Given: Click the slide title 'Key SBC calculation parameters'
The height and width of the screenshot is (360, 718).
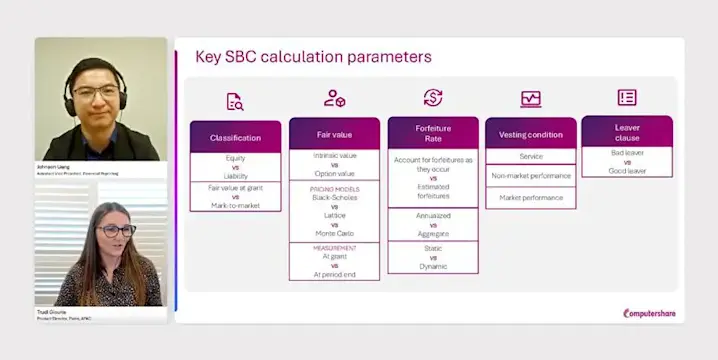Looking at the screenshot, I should (313, 57).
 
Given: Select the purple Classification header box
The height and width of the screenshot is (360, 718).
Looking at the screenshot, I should (235, 137).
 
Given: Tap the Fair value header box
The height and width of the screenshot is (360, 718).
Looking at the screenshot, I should (334, 132).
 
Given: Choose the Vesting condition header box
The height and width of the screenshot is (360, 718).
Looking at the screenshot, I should (530, 134).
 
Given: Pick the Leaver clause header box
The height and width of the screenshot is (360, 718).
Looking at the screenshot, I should (627, 132).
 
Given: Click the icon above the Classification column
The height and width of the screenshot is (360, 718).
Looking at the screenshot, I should (235, 100).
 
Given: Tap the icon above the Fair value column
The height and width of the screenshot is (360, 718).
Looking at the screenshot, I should (334, 98).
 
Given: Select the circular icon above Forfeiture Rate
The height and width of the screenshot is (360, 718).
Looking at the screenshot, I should (432, 97).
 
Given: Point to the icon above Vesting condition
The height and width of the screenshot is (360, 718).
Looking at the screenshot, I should (530, 98).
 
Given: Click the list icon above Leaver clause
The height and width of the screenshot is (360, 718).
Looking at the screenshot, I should (627, 97).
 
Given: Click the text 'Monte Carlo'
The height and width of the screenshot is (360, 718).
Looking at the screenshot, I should (334, 233).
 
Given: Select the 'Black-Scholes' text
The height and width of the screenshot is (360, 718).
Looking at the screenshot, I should (334, 197).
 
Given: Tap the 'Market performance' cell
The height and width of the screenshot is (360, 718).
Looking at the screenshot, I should (530, 197).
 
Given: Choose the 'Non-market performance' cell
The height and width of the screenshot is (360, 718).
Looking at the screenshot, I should (530, 175).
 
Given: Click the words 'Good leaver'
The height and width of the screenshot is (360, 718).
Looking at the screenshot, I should (627, 171).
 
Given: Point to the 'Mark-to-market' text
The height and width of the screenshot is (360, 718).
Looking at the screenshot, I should (235, 205).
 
